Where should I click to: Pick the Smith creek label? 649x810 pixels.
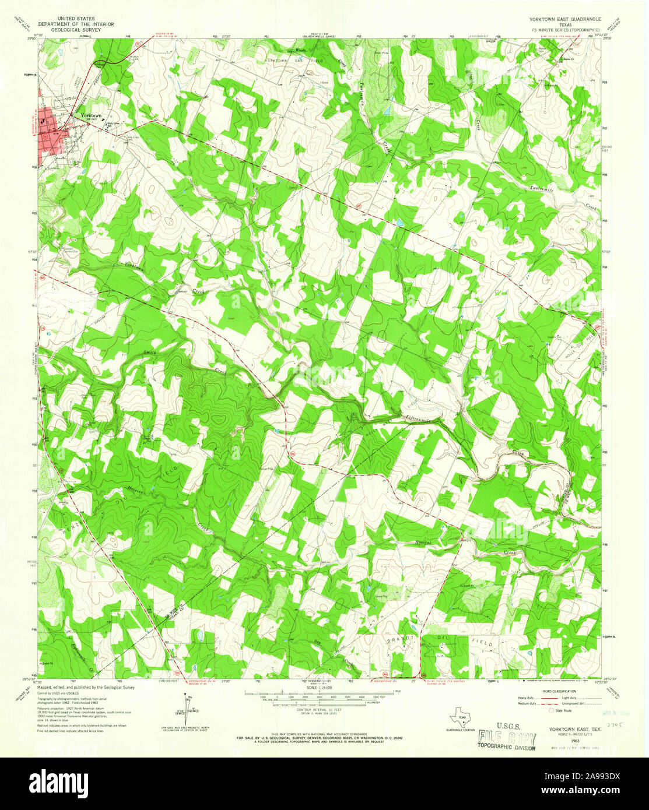coord(150,353)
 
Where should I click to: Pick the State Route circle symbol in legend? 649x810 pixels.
coord(551,711)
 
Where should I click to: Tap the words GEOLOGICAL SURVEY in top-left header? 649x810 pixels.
coord(76,30)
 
